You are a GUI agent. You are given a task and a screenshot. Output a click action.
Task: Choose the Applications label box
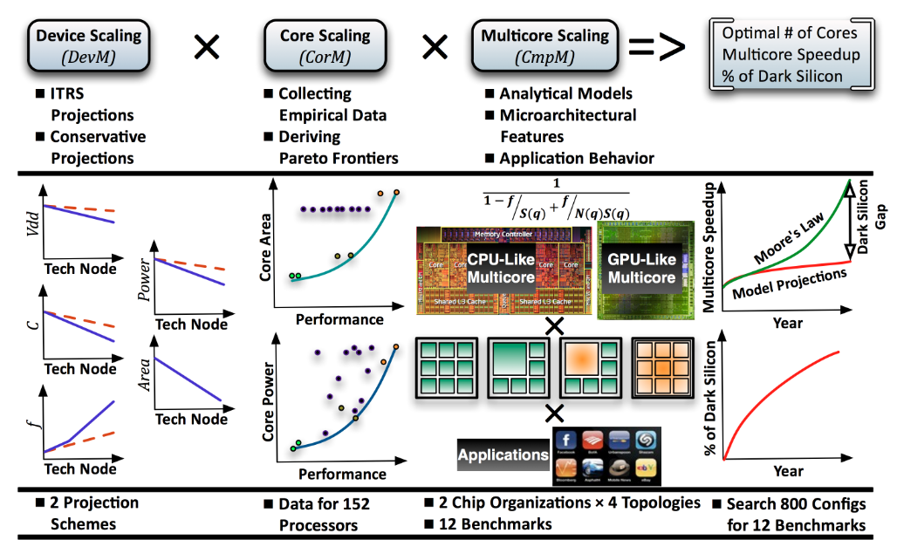[x=503, y=455]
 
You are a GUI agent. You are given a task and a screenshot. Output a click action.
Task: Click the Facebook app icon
[x=566, y=442]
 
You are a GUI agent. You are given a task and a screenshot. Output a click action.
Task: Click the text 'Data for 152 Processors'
[x=324, y=514]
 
